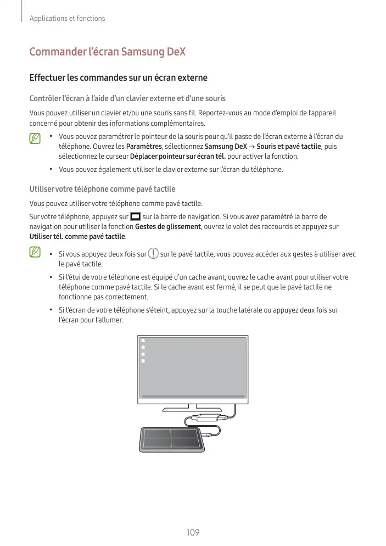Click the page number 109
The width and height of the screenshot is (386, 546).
click(193, 532)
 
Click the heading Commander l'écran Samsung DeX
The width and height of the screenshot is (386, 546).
click(107, 52)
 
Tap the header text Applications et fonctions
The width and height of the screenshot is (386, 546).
click(67, 19)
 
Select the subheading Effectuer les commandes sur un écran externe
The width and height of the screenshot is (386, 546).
click(119, 77)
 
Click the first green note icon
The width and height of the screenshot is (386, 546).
click(35, 138)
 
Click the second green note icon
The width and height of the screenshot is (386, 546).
click(35, 252)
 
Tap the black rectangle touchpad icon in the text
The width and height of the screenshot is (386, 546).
click(135, 216)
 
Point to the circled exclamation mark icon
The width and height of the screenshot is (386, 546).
click(153, 253)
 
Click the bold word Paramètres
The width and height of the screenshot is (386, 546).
click(144, 146)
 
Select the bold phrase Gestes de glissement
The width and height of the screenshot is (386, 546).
click(168, 227)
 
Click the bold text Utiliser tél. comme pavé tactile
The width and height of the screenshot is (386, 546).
click(77, 236)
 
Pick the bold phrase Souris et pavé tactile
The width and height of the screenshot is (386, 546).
click(289, 146)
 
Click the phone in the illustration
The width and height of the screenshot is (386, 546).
click(171, 439)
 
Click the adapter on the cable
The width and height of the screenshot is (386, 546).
click(206, 417)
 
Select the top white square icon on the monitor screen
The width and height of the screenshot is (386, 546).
click(143, 341)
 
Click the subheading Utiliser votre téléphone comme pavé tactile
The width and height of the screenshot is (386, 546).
click(102, 189)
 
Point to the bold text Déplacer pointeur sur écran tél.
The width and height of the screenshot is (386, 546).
click(177, 157)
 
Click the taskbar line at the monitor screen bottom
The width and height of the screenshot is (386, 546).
click(193, 396)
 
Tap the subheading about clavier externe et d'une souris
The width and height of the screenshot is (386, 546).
click(127, 98)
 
